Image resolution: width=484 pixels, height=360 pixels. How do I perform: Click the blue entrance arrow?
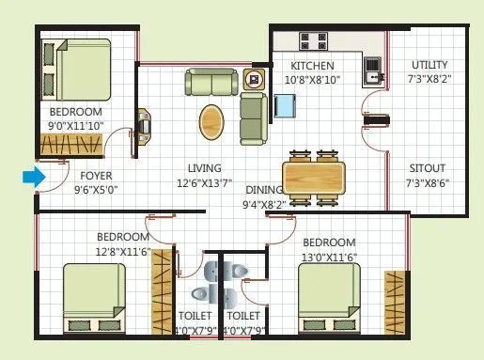click(x=34, y=176)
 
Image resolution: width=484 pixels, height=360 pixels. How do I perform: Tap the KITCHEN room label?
click(x=313, y=66)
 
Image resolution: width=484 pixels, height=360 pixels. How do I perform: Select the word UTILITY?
click(x=429, y=65)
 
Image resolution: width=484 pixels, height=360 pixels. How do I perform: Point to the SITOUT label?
click(x=428, y=169)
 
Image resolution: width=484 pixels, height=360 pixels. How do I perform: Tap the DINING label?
click(x=265, y=189)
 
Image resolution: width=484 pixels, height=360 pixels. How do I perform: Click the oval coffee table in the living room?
click(x=213, y=121)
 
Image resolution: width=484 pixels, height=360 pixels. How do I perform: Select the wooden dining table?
click(x=314, y=175)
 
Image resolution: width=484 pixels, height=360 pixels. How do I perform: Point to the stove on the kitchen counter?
click(x=315, y=41)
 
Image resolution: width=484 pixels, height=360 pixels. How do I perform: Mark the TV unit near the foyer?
click(x=144, y=123)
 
